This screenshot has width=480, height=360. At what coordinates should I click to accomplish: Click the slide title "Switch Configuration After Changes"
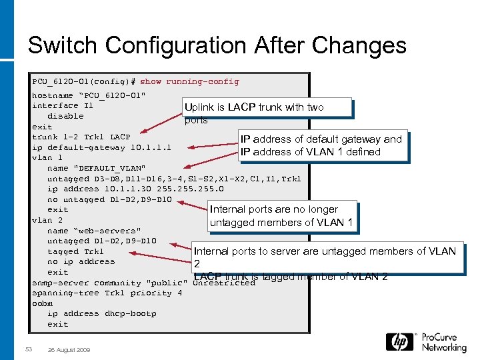click(217, 45)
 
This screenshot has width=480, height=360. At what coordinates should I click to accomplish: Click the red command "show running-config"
click(189, 81)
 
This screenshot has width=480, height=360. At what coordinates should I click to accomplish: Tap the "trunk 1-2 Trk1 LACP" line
click(81, 137)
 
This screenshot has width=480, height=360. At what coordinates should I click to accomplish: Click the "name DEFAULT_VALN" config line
click(96, 168)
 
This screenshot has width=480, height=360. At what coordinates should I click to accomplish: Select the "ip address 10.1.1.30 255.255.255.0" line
click(126, 189)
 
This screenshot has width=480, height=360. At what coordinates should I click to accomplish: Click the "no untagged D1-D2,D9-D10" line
click(109, 199)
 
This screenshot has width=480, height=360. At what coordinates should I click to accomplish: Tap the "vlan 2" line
click(47, 220)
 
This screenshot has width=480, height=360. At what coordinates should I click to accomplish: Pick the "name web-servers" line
click(94, 231)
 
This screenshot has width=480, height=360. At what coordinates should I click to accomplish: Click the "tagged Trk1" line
click(75, 251)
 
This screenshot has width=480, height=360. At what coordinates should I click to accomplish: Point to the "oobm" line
click(42, 303)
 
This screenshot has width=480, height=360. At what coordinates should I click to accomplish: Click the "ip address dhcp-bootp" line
click(101, 313)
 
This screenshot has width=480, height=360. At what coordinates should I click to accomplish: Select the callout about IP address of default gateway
click(321, 145)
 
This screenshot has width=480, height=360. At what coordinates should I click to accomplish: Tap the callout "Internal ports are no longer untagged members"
click(283, 216)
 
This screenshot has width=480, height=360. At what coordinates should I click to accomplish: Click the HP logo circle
click(399, 342)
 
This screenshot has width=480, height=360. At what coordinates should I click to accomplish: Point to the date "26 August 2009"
click(70, 349)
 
